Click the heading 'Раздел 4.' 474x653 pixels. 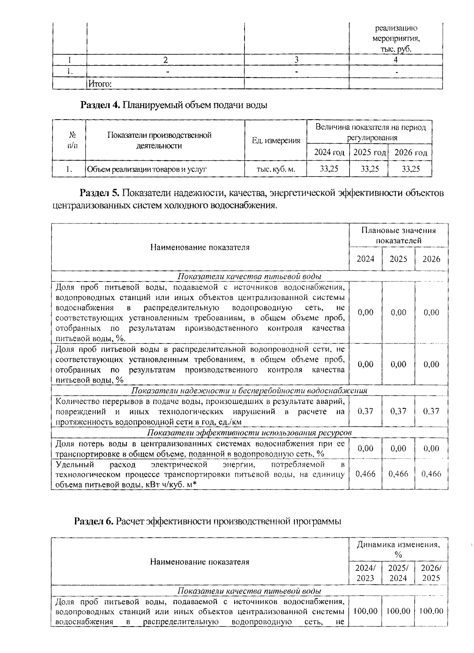[100, 105]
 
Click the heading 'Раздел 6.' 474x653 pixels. [94, 521]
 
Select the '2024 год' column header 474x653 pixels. [329, 152]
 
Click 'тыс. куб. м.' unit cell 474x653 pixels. [276, 169]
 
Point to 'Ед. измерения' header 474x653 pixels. [276, 141]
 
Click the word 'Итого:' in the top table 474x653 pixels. [100, 84]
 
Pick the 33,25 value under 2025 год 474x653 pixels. [369, 169]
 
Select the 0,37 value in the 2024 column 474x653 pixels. [365, 411]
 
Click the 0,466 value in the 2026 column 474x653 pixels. [431, 473]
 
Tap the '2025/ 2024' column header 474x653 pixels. [398, 573]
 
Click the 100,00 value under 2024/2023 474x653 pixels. [365, 611]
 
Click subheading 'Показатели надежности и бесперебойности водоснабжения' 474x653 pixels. [249, 390]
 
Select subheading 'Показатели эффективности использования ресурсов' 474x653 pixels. [249, 433]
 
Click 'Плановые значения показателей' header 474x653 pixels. [398, 235]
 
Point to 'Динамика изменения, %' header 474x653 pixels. [398, 549]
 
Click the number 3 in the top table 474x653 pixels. [296, 60]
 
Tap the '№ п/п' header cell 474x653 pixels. [70, 141]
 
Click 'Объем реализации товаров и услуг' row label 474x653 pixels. [147, 169]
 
